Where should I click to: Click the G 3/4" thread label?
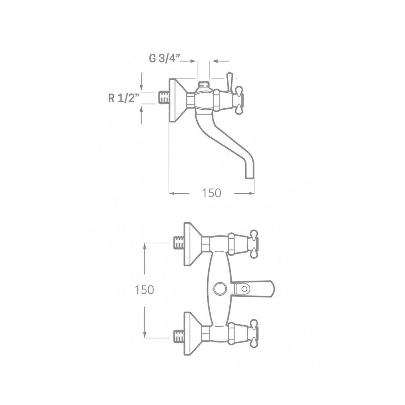[164, 59]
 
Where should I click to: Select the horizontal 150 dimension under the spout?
[211, 193]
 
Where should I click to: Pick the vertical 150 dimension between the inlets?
[144, 290]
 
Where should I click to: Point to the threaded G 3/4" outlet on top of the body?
[204, 85]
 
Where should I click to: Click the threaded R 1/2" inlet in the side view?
[163, 98]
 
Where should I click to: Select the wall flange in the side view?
[178, 100]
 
